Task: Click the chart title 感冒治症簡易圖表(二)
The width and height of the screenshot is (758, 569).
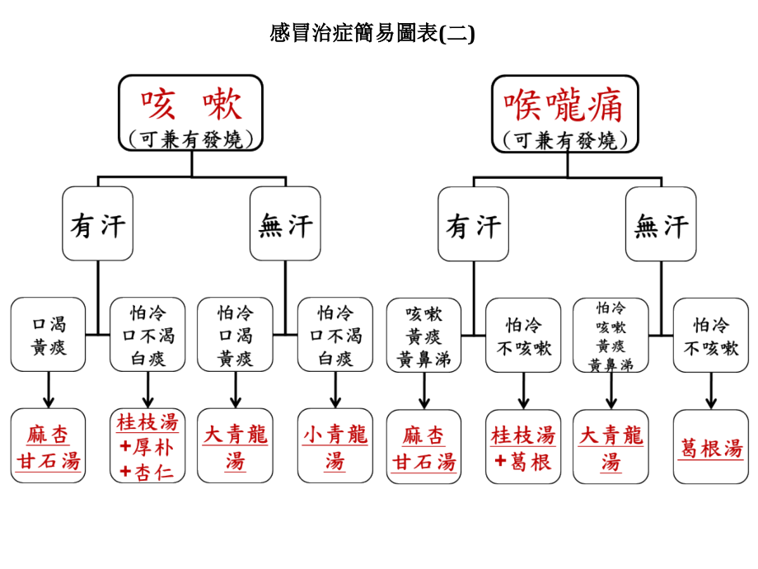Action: coord(372,33)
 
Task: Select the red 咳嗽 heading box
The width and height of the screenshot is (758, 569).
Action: coord(191,113)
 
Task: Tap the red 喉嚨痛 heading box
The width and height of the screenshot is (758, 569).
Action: coord(565,114)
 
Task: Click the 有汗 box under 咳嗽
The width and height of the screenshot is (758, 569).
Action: coord(98,223)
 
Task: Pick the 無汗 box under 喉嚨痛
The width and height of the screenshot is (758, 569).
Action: coord(661,224)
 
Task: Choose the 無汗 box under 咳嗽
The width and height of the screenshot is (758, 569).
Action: coord(285,223)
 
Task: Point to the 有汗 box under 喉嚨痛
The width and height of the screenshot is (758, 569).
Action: coord(473,224)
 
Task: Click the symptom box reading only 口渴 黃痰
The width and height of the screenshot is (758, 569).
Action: coord(48,334)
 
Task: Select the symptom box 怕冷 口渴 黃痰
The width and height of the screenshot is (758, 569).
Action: coord(235,334)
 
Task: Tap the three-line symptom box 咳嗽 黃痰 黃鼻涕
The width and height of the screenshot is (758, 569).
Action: coord(424,336)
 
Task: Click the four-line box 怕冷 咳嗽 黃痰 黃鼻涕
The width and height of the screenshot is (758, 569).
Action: coord(611,336)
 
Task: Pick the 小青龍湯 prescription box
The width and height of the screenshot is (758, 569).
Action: coord(335,445)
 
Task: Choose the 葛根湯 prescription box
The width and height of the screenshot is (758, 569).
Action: coord(710,447)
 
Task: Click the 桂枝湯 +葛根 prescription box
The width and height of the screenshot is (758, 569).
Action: coord(523,447)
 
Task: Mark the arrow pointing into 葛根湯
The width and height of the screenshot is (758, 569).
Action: coord(710,391)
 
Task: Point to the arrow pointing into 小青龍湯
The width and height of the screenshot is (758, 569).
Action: coord(335,390)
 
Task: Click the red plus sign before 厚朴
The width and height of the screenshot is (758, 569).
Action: coord(126,446)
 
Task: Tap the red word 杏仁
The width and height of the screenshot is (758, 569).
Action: coord(154,472)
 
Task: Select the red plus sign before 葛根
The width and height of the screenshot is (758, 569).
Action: coord(500,461)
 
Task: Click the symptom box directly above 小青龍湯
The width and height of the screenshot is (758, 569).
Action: coord(335,334)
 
